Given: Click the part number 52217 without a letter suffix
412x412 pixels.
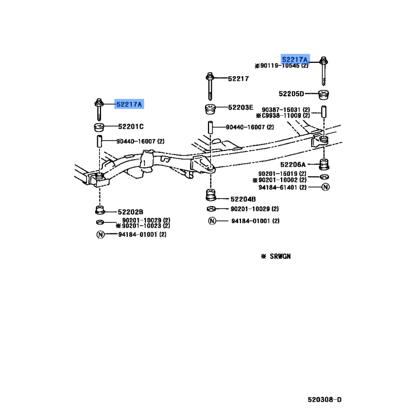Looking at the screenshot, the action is pyautogui.click(x=238, y=79).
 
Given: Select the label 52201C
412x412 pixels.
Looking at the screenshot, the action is pyautogui.click(x=131, y=127).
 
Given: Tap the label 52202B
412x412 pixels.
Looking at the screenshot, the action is pyautogui.click(x=130, y=212).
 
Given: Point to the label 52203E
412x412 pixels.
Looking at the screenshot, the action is pyautogui.click(x=241, y=107).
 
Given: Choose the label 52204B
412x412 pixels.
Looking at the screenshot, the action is pyautogui.click(x=243, y=199).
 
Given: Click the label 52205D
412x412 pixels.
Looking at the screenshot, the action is pyautogui.click(x=291, y=94).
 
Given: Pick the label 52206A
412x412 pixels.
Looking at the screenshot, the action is pyautogui.click(x=293, y=164).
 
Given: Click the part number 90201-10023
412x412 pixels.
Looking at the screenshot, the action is pyautogui.click(x=141, y=226).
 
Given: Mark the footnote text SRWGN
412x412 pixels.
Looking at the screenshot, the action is pyautogui.click(x=280, y=256).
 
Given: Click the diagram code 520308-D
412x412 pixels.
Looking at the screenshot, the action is pyautogui.click(x=324, y=400).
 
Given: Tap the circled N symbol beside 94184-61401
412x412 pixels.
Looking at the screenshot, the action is pyautogui.click(x=325, y=187).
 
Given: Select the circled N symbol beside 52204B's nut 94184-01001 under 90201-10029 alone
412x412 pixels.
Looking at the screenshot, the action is pyautogui.click(x=212, y=221).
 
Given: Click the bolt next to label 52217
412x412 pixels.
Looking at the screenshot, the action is pyautogui.click(x=210, y=86).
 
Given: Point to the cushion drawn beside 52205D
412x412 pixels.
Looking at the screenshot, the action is pyautogui.click(x=324, y=95).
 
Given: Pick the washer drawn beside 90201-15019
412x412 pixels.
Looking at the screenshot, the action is pyautogui.click(x=325, y=177).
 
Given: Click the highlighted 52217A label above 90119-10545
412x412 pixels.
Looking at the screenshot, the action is pyautogui.click(x=295, y=59).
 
